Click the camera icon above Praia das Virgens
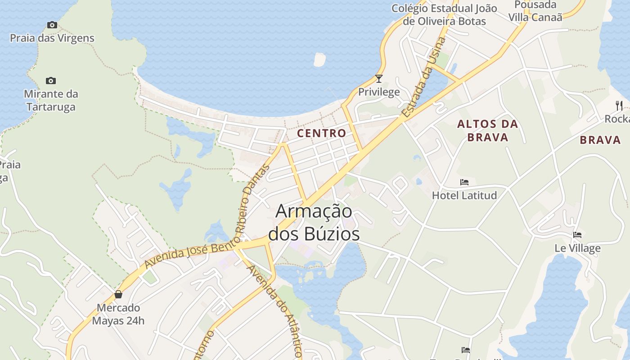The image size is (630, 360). pyautogui.click(x=52, y=25)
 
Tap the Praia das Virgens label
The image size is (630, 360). pyautogui.click(x=52, y=38)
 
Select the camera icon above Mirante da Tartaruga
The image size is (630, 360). pyautogui.click(x=51, y=81)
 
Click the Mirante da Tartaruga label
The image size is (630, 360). pyautogui.click(x=51, y=100)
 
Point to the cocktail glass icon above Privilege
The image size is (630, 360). pyautogui.click(x=379, y=79)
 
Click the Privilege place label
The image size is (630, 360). pyautogui.click(x=379, y=92)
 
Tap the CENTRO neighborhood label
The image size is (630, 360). pyautogui.click(x=322, y=133)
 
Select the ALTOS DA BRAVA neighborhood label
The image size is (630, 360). pyautogui.click(x=488, y=130)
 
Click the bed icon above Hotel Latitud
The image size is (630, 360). pyautogui.click(x=464, y=182)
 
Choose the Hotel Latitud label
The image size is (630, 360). pyautogui.click(x=464, y=195)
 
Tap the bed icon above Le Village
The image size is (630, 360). pyautogui.click(x=577, y=235)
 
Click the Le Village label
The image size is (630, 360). pyautogui.click(x=577, y=248)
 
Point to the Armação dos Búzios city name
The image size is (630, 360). pyautogui.click(x=314, y=222)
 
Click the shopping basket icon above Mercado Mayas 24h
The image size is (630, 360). pyautogui.click(x=118, y=295)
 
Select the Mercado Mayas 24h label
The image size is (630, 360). pyautogui.click(x=118, y=314)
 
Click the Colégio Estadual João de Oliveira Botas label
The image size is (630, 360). pyautogui.click(x=444, y=14)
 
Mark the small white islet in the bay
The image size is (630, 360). pyautogui.click(x=319, y=59)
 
